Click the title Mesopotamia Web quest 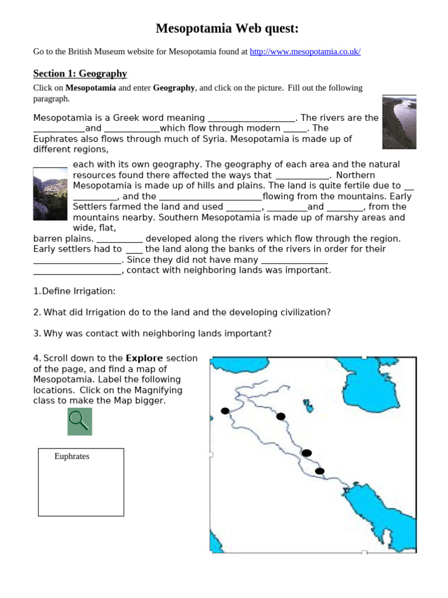(227, 29)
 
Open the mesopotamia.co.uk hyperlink (305, 52)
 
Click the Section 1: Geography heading (80, 74)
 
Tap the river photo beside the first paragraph (399, 123)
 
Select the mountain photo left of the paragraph (50, 194)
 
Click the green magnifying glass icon (79, 421)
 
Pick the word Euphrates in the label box (72, 457)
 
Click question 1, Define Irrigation (74, 291)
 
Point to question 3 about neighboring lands (152, 333)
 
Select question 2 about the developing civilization (181, 312)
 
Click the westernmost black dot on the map (225, 411)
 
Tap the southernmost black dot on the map (319, 471)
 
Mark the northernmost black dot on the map (225, 411)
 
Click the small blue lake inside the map (308, 405)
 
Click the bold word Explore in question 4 (144, 358)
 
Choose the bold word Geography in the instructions (174, 88)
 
